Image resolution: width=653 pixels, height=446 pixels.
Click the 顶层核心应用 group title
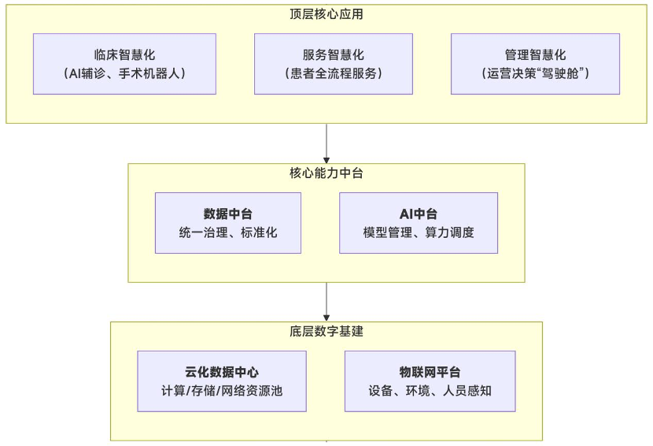[x=326, y=14]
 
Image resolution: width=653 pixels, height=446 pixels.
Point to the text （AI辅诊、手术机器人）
[x=124, y=73]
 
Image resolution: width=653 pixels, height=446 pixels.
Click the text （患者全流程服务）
[x=333, y=73]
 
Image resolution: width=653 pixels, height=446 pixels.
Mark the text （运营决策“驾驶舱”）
[x=535, y=73]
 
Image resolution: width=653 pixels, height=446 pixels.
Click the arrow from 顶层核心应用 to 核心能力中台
[x=326, y=143]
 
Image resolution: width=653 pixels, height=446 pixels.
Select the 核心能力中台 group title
[x=326, y=173]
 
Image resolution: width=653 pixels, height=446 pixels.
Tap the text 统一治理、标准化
[x=228, y=232]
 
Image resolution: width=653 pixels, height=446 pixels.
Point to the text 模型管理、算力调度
[x=419, y=232]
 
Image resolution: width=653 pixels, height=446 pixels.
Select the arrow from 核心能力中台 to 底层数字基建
[x=326, y=301]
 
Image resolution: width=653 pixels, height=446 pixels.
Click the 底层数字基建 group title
[x=326, y=331]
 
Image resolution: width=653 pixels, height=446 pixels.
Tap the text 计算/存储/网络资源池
[x=222, y=391]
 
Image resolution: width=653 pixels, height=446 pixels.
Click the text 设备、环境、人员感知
[x=430, y=391]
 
